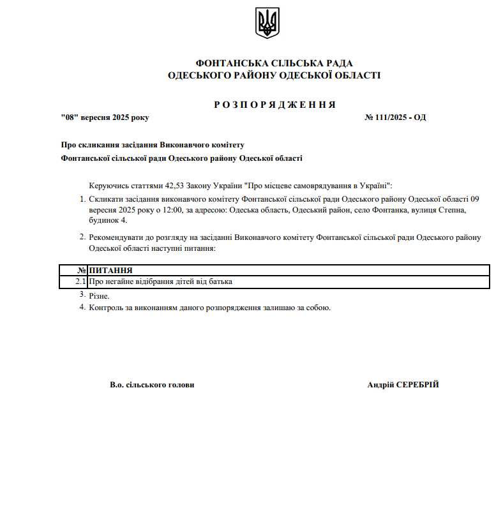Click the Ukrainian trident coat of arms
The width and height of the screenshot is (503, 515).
[267, 23]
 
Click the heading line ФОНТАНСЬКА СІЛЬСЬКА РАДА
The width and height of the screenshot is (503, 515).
[274, 63]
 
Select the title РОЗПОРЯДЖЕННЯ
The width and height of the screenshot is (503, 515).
[274, 105]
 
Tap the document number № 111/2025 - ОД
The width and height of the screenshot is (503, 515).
[394, 117]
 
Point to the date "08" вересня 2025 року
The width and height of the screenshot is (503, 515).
[105, 117]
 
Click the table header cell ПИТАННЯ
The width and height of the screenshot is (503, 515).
[111, 271]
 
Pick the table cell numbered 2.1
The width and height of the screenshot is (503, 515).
[80, 281]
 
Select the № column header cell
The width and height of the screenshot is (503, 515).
[81, 271]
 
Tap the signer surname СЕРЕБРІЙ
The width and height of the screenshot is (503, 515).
[417, 385]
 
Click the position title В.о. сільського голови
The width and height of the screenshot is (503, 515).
[152, 385]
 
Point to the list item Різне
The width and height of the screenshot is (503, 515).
[100, 296]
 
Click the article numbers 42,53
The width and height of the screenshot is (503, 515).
[174, 186]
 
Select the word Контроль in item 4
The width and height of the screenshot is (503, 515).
[106, 308]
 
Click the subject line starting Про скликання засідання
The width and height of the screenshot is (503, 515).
[153, 145]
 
